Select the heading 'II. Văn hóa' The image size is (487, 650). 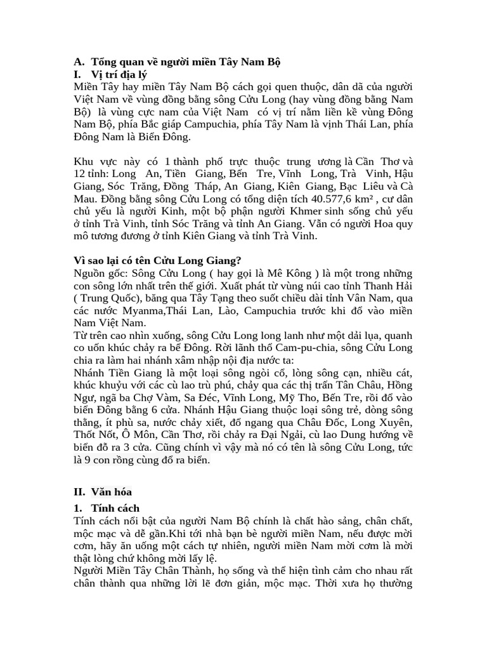click(103, 491)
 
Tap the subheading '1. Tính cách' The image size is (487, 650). click(107, 508)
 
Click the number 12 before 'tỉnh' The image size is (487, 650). click(80, 173)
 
